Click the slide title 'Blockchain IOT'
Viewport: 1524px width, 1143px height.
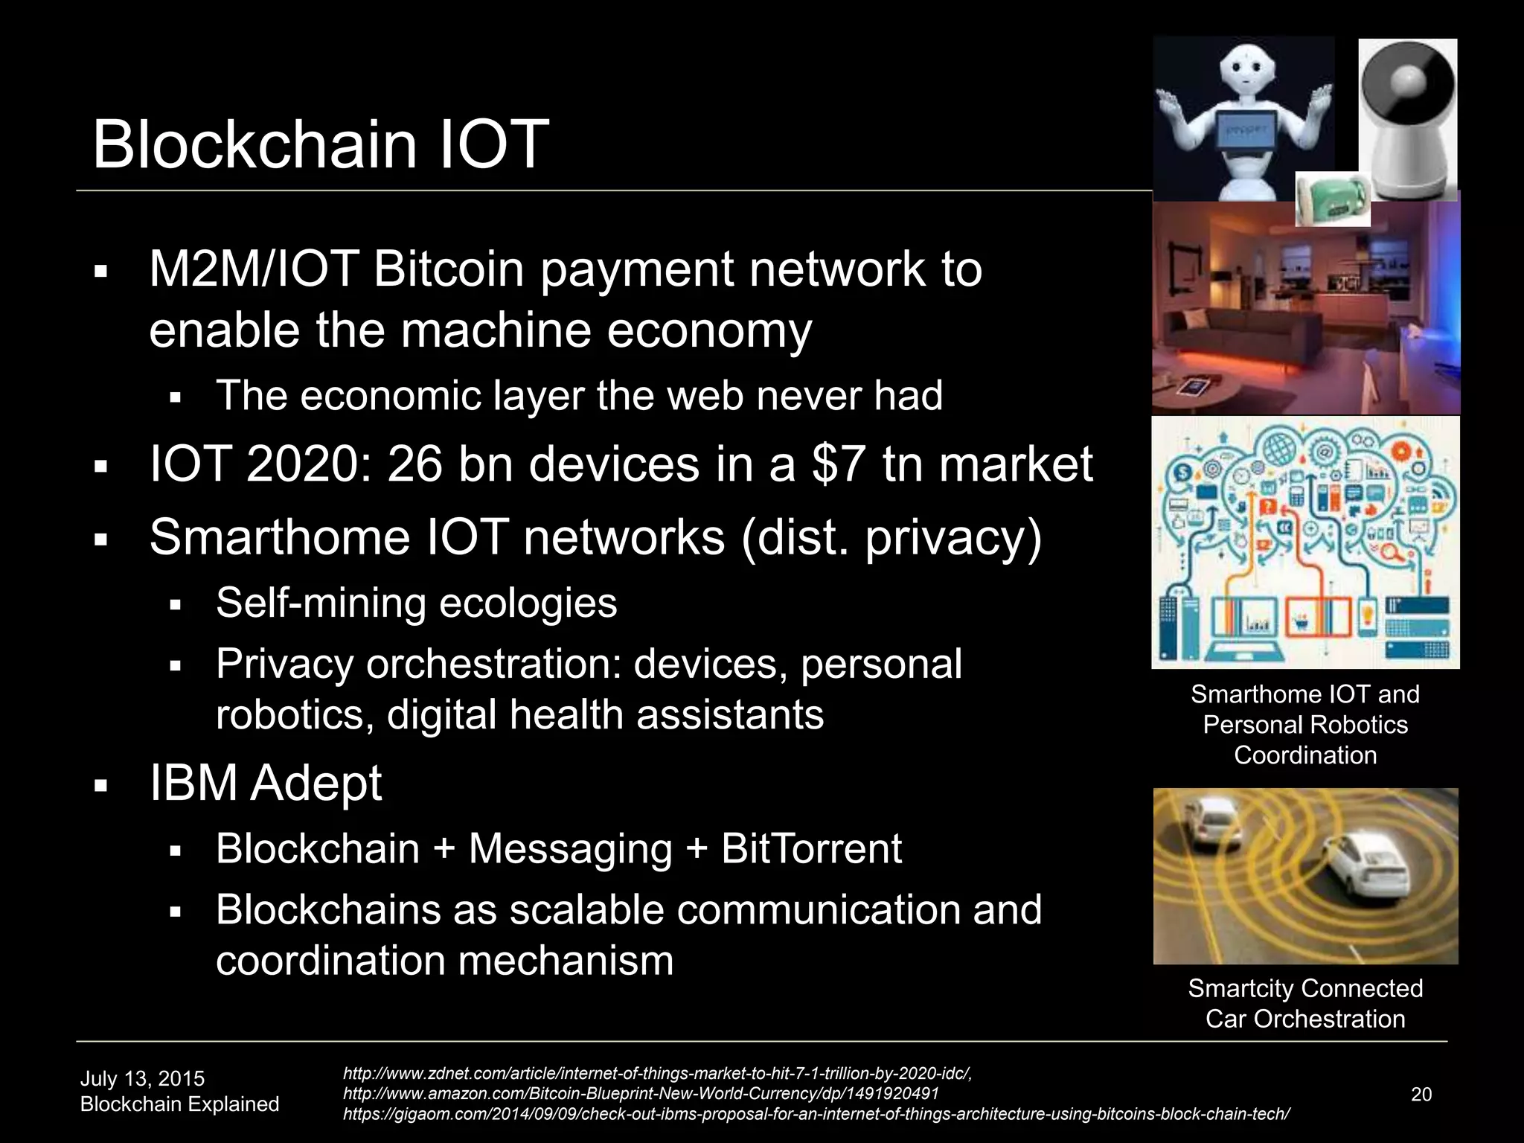tap(320, 144)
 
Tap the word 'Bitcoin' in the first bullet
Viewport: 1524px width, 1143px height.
tap(448, 269)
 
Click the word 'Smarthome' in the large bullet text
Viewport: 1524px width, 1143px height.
tap(280, 537)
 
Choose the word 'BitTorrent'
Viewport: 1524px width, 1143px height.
tap(811, 849)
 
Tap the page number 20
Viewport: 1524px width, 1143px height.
tap(1421, 1094)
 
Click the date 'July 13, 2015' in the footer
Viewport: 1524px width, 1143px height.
tap(142, 1078)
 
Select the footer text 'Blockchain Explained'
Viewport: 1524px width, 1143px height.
tap(179, 1104)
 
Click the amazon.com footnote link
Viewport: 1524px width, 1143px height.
tap(641, 1094)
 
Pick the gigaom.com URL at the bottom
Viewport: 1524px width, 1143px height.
tap(816, 1114)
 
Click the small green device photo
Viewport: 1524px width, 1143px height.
tap(1332, 199)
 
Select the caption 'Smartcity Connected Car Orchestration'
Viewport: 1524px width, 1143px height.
tap(1305, 1003)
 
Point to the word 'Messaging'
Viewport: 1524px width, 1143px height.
tap(570, 849)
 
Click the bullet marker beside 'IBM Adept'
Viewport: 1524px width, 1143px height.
tap(102, 786)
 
